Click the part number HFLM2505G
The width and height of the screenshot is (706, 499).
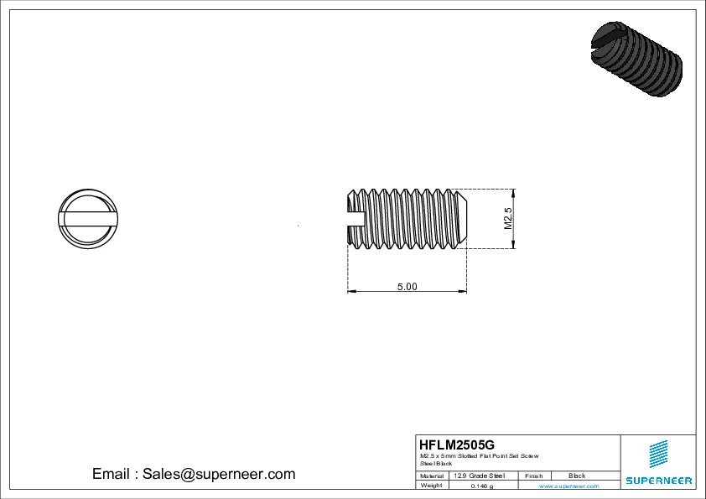(x=457, y=444)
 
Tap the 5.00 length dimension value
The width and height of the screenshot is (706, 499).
(x=407, y=286)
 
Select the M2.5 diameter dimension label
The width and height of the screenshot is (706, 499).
(x=507, y=218)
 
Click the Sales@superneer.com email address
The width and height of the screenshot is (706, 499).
(x=219, y=474)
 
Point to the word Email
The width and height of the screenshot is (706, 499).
(x=110, y=474)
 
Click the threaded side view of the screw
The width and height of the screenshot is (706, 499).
(x=408, y=219)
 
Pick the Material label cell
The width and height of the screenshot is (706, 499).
(x=432, y=476)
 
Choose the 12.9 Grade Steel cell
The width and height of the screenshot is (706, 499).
(x=479, y=476)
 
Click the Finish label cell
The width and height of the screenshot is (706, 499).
(x=534, y=476)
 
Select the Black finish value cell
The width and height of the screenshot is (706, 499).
(x=577, y=476)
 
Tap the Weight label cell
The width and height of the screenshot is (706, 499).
(x=431, y=486)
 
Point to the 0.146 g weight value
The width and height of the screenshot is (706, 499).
(x=482, y=486)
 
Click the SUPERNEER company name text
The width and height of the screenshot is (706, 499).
(x=658, y=481)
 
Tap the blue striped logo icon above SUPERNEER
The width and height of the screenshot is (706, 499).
(x=659, y=454)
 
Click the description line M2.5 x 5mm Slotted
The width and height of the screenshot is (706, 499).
(x=479, y=455)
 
